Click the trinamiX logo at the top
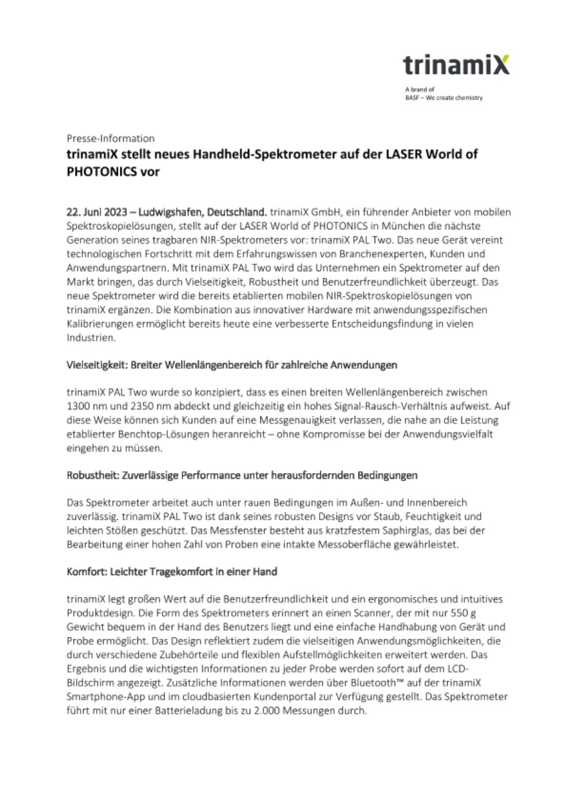(456, 64)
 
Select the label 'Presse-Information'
(111, 138)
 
